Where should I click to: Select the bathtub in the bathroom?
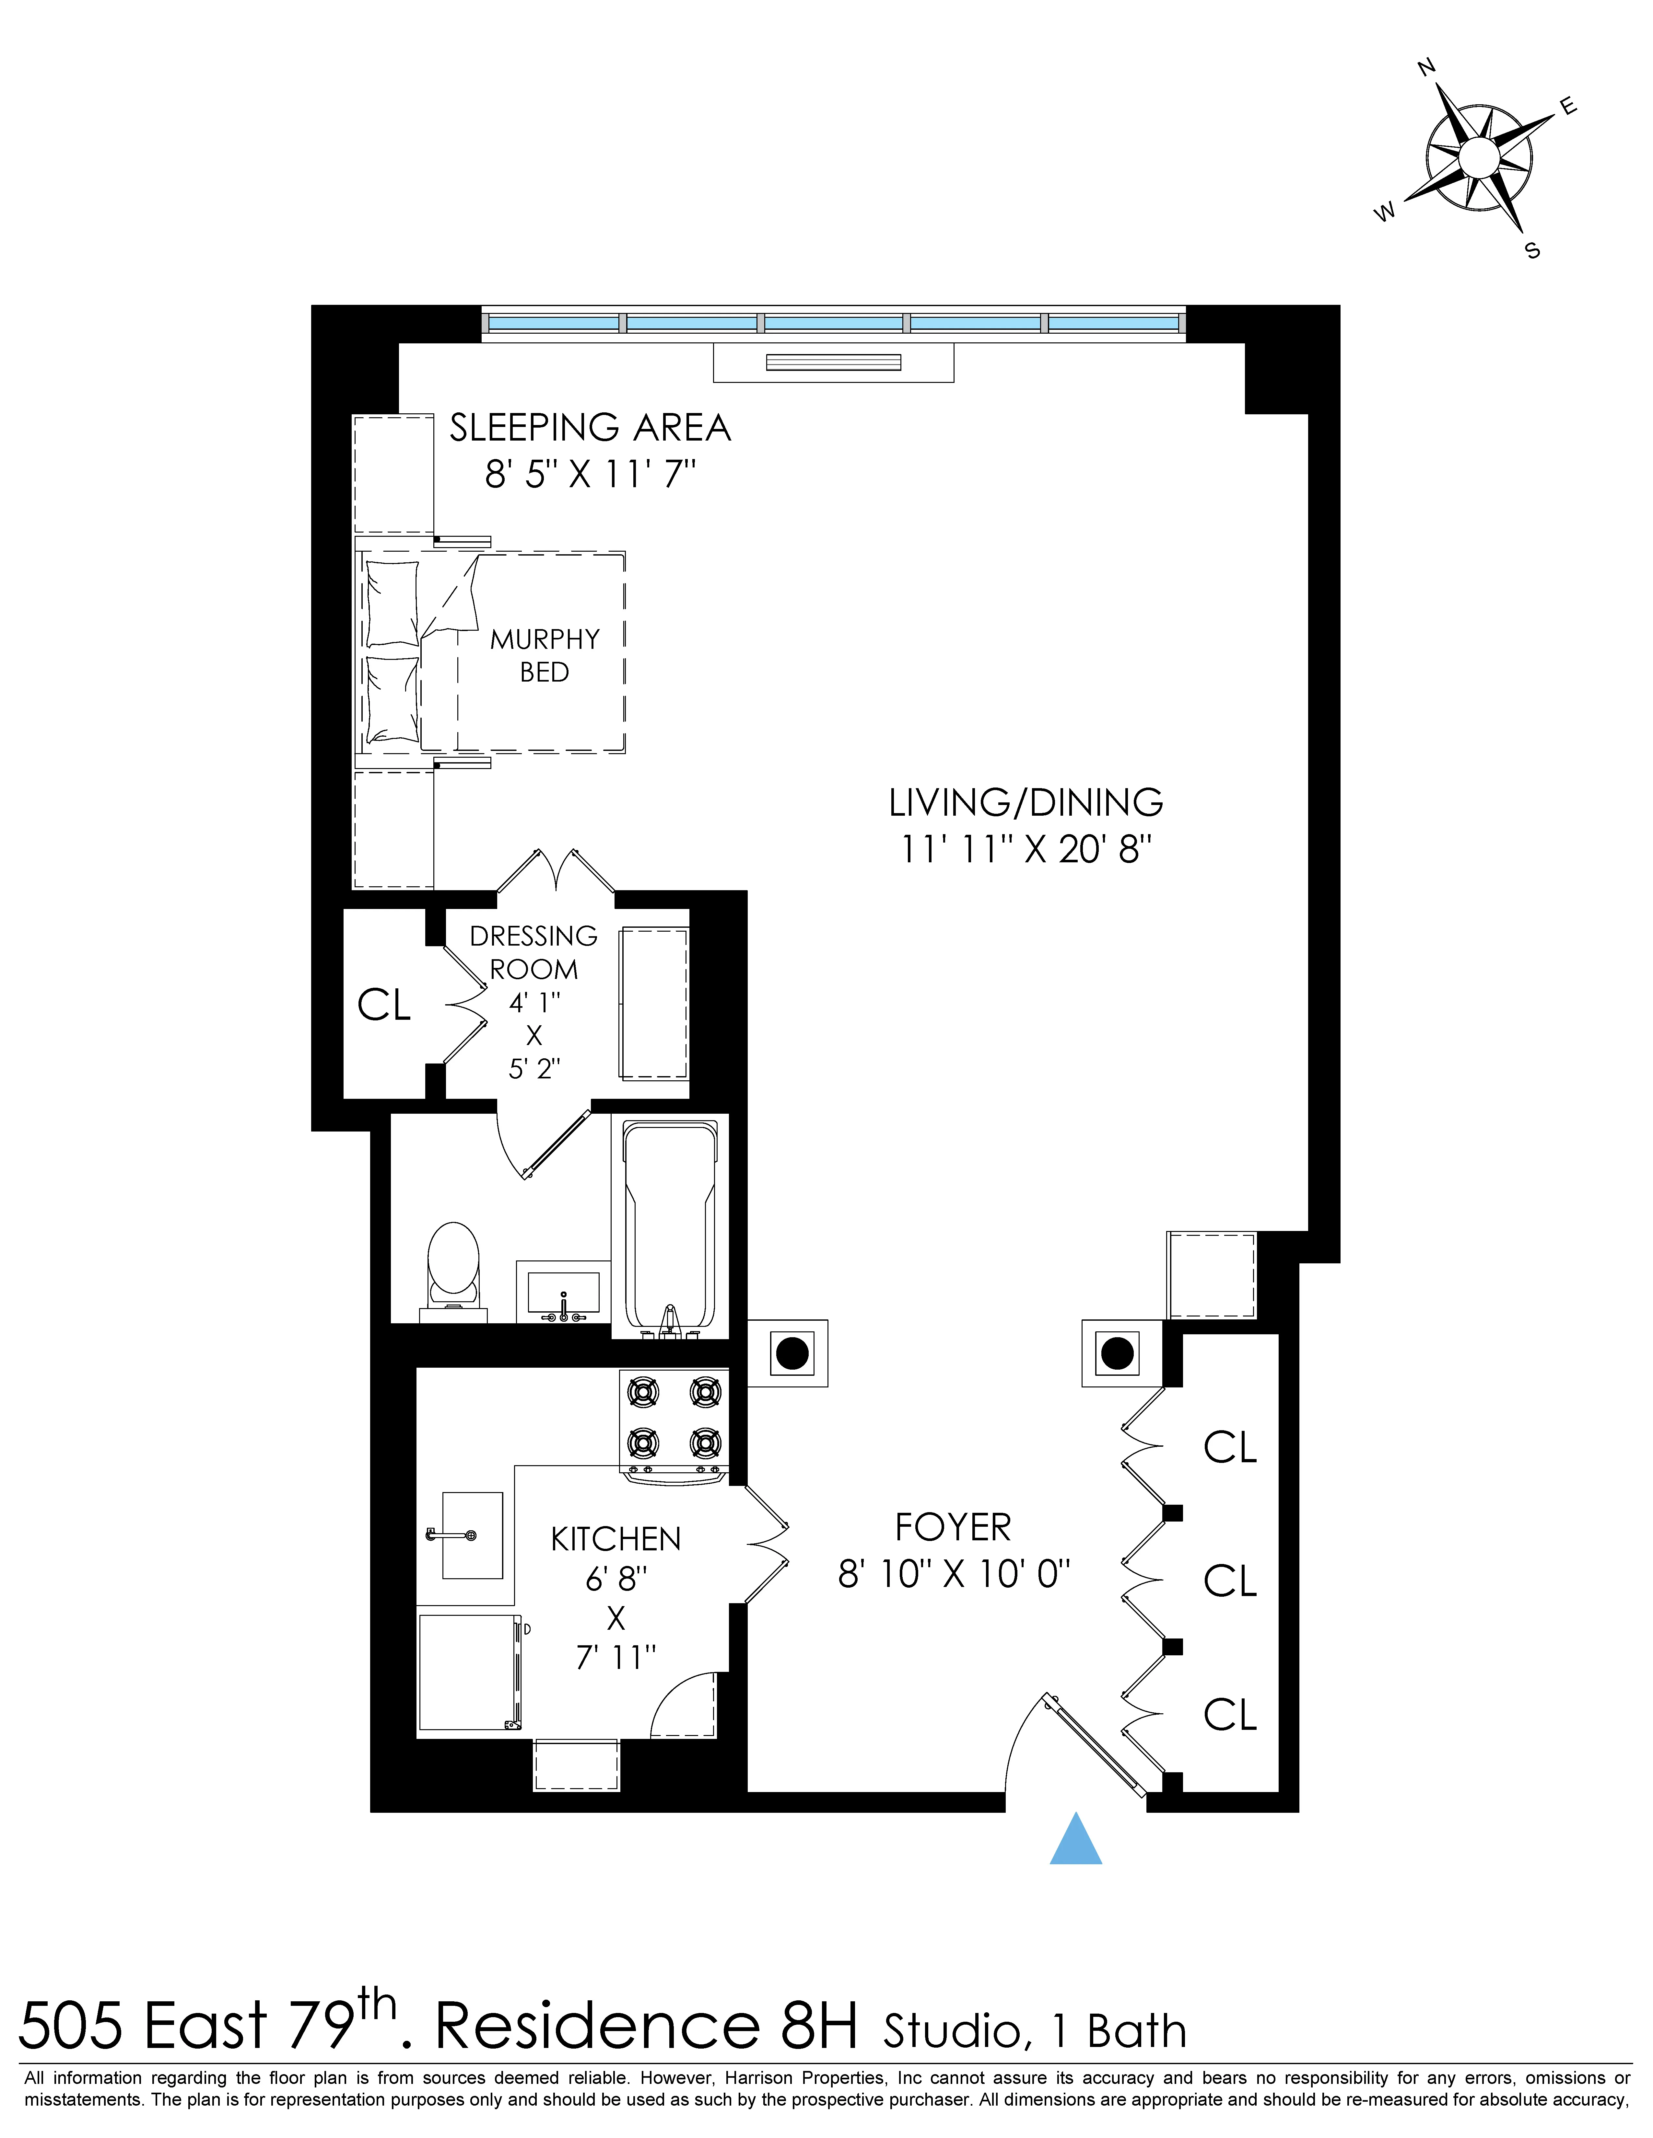click(670, 1227)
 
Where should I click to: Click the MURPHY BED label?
click(545, 656)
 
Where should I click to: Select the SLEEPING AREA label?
click(590, 428)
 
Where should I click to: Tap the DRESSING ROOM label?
click(534, 952)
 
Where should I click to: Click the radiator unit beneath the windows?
click(832, 362)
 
